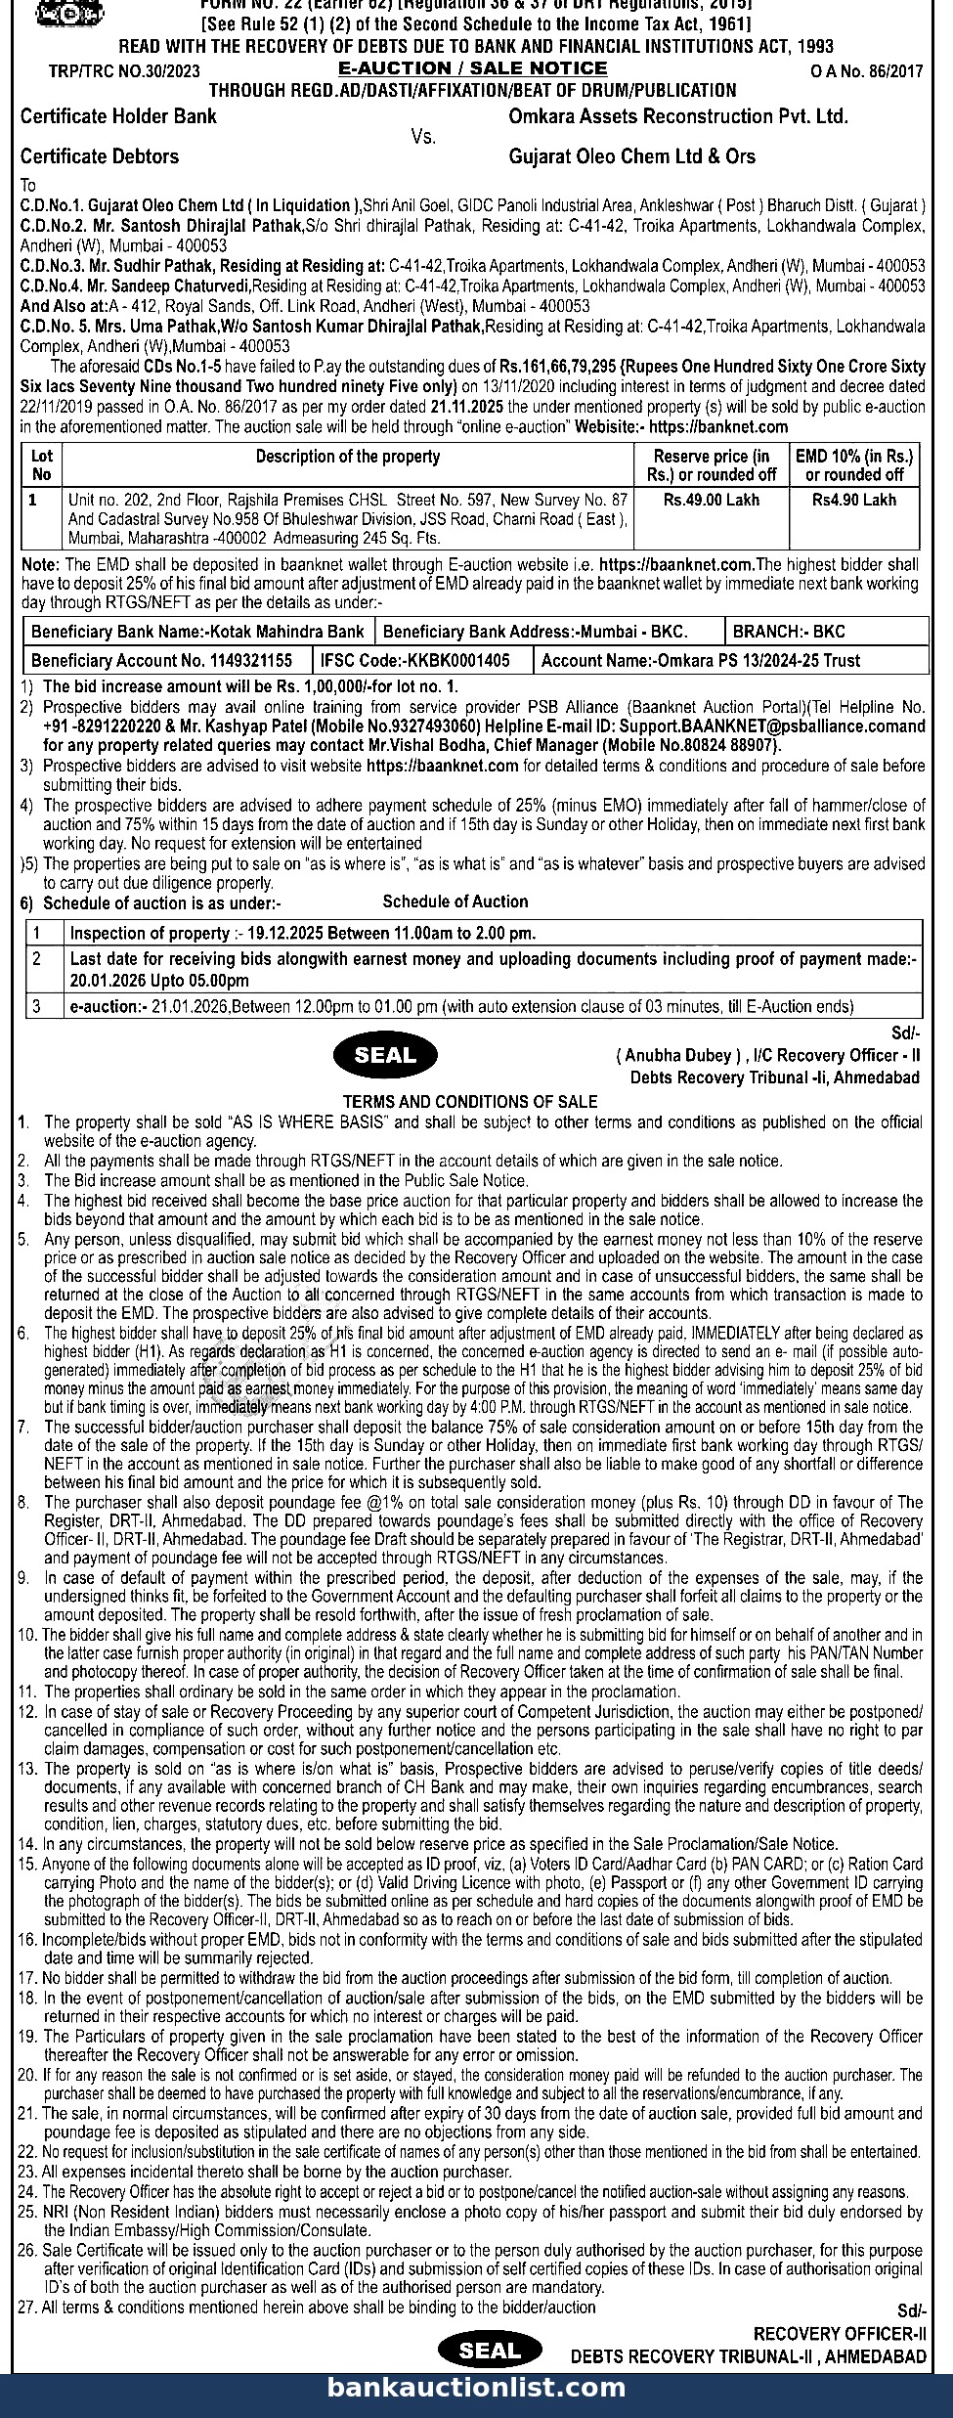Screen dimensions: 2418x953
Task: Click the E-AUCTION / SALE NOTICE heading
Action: [472, 68]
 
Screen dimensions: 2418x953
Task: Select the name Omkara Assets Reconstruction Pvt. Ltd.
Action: [677, 116]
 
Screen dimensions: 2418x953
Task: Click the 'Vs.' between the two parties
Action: [423, 137]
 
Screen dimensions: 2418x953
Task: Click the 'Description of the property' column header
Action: [348, 457]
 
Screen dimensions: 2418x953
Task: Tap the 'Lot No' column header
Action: [42, 465]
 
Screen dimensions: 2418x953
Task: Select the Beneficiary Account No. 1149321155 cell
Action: [162, 661]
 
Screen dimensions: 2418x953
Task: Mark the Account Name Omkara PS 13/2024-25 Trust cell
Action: [701, 661]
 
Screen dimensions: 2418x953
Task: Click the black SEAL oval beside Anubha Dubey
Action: [385, 1055]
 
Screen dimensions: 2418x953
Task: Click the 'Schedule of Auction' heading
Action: [455, 901]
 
